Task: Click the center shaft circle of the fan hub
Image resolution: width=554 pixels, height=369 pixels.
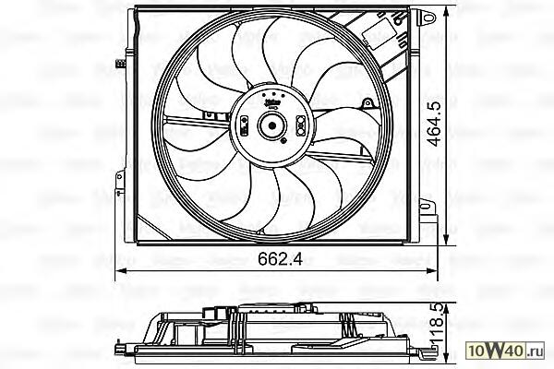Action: (x=272, y=127)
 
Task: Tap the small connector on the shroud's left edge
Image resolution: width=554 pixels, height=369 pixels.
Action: (x=121, y=63)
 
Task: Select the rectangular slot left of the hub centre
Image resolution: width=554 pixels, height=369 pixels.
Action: (x=244, y=127)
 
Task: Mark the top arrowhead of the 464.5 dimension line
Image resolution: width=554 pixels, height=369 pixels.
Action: (x=448, y=11)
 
